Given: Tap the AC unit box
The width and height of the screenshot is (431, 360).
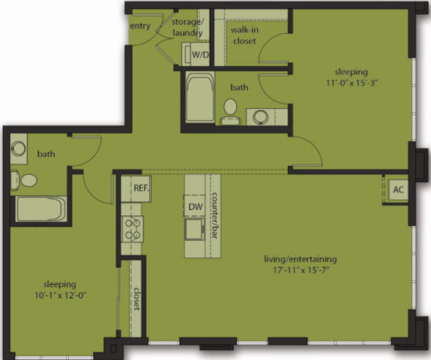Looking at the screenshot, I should (397, 190).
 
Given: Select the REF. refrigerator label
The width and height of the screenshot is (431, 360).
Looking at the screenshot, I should (141, 187).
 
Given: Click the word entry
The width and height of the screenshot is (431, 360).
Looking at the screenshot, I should (140, 26).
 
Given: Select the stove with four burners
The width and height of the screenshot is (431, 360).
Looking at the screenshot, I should (133, 227).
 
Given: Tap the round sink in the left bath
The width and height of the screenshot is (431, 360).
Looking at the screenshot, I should (18, 148).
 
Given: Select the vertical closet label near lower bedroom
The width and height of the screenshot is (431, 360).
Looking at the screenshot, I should (138, 300).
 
